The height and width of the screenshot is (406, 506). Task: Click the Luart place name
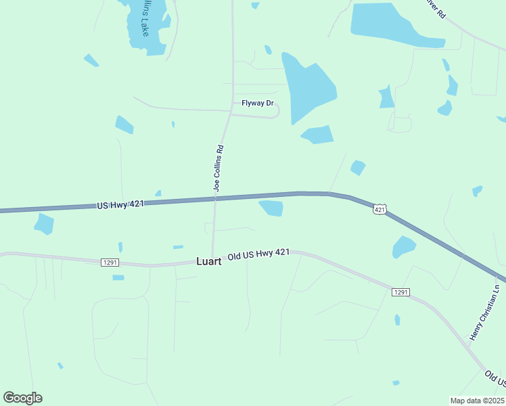208,261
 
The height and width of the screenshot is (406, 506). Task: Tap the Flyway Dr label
258,104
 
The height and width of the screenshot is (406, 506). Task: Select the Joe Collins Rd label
218,168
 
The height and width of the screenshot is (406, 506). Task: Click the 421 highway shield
379,210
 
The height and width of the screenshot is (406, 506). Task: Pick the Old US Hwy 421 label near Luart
258,254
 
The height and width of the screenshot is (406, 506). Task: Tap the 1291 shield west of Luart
110,262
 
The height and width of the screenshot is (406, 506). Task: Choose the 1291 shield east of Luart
400,292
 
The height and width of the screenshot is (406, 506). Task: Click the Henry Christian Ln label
484,313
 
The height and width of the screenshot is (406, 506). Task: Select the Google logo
22,397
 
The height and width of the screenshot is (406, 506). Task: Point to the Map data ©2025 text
476,400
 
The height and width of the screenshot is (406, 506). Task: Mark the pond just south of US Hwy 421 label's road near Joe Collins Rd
272,208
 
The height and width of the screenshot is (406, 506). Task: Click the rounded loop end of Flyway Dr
275,111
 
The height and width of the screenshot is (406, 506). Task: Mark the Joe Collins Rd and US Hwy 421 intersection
216,198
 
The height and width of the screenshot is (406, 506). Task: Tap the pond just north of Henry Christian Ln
404,246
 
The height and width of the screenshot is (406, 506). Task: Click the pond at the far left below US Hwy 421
44,223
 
